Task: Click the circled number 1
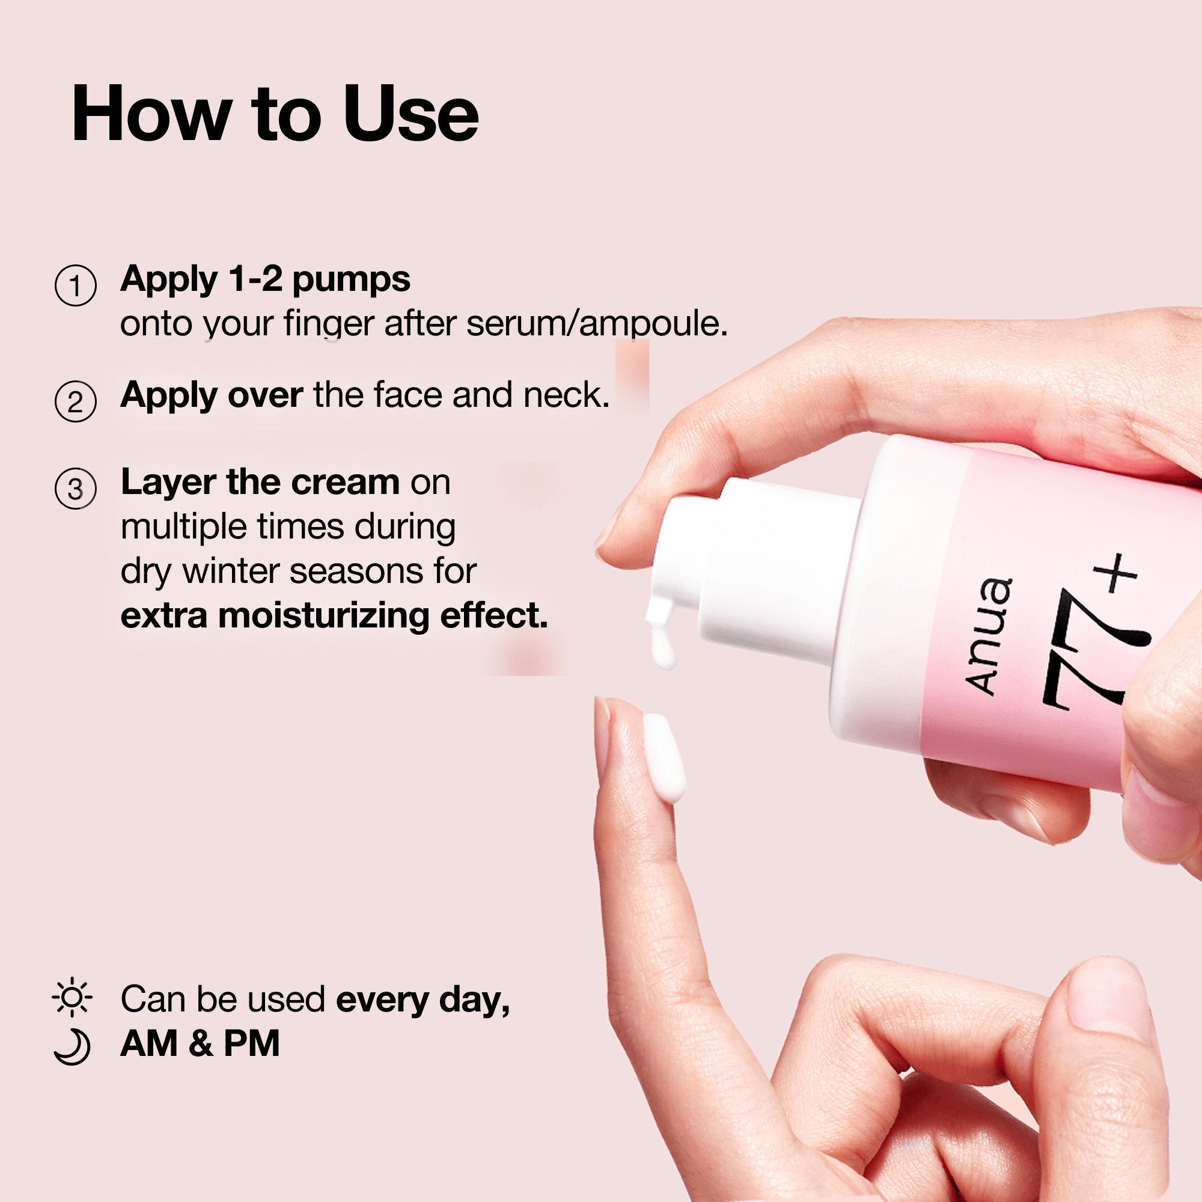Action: [x=75, y=285]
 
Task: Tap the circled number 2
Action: [x=75, y=401]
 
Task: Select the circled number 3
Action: [x=75, y=489]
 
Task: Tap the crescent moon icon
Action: [x=73, y=1048]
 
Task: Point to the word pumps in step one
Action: [x=351, y=281]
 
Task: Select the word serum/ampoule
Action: [x=597, y=323]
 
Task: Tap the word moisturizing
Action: [x=323, y=617]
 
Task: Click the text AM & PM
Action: [x=200, y=1043]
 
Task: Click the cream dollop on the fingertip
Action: [x=664, y=757]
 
